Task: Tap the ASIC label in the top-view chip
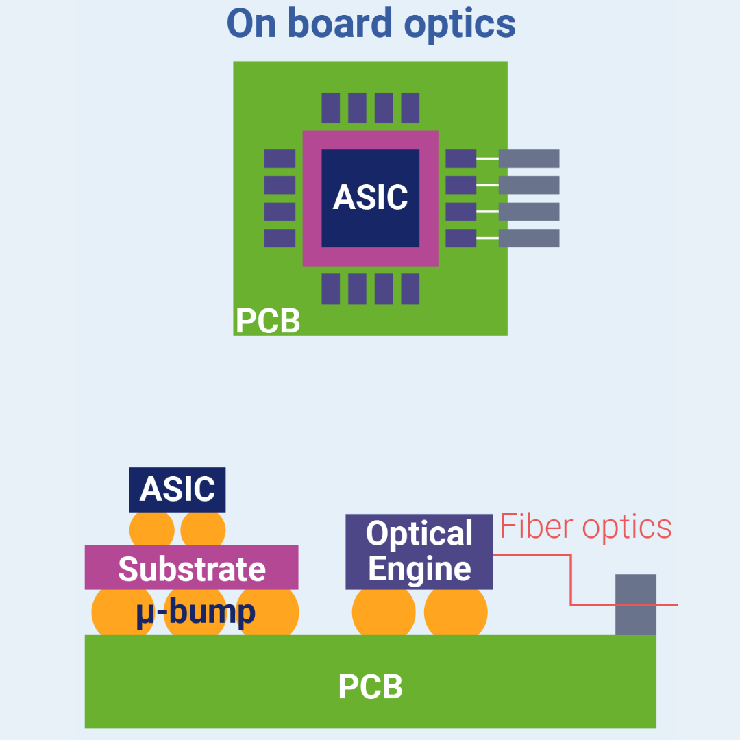coord(370,197)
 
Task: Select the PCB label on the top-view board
coord(267,321)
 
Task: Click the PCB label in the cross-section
coord(370,686)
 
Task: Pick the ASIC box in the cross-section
coord(177,489)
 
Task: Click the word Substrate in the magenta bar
coord(192,569)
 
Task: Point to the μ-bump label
coord(195,612)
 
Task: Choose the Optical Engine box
coord(419,552)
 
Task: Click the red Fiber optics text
coord(586,527)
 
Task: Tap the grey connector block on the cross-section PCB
coord(635,604)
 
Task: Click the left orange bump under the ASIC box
coord(152,529)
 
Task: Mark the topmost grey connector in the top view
coord(528,158)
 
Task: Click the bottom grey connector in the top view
coord(528,238)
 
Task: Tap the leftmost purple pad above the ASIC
coord(331,108)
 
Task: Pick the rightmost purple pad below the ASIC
coord(410,288)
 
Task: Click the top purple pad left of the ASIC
coord(280,158)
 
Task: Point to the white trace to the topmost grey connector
coord(487,158)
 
